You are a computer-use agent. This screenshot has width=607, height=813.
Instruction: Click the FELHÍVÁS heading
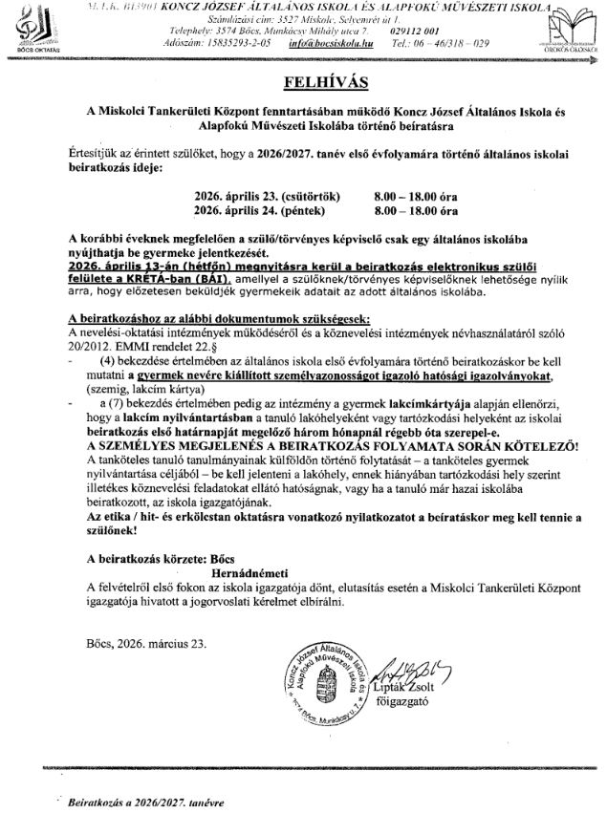pos(303,77)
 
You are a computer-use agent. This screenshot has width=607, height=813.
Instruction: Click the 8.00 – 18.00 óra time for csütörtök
pos(416,192)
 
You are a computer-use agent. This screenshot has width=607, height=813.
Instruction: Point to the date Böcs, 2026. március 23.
pos(144,643)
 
